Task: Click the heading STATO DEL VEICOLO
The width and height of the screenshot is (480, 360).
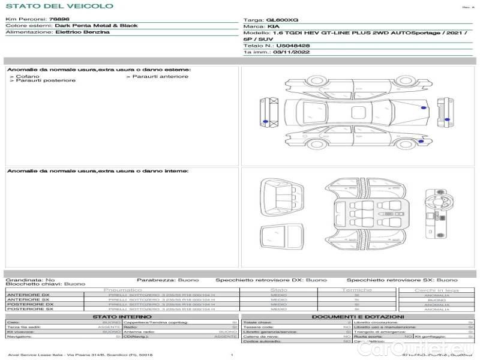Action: click(59, 6)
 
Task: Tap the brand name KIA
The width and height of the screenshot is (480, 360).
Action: click(272, 27)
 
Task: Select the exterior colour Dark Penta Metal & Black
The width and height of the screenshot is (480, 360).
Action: click(96, 26)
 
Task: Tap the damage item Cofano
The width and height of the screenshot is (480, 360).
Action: click(28, 77)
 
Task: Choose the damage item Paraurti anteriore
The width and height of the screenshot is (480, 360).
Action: click(160, 76)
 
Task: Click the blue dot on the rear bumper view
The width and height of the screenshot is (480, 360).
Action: click(266, 121)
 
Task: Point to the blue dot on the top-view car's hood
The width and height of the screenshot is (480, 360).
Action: click(424, 107)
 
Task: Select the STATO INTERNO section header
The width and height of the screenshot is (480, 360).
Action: click(122, 316)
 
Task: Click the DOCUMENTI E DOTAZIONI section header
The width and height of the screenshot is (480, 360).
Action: click(358, 316)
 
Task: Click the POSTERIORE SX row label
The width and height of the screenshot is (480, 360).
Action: click(29, 309)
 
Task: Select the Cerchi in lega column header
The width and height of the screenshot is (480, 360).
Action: click(436, 290)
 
